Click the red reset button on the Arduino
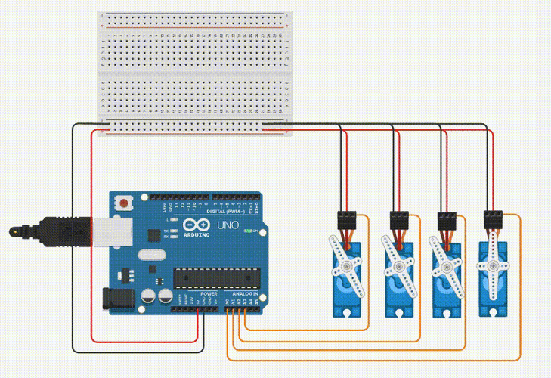coord(122,202)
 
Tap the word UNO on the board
coord(228,225)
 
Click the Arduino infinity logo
coord(186,225)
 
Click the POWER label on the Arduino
coord(209,293)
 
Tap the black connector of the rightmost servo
coord(494,220)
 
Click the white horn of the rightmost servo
coord(494,265)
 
